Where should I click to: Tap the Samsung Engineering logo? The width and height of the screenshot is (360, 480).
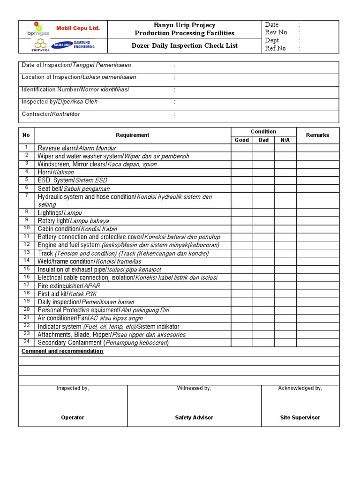(73, 45)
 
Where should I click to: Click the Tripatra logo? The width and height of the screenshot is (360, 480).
(40, 45)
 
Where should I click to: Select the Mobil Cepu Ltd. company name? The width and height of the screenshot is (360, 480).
(78, 29)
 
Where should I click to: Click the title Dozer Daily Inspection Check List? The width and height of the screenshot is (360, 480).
(184, 45)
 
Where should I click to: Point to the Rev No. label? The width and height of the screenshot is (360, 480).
(277, 32)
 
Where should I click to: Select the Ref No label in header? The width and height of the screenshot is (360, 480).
(275, 48)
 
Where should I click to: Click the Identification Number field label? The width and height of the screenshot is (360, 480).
(75, 90)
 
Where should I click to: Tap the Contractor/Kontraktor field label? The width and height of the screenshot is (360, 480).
(51, 114)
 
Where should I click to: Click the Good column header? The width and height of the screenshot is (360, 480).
(241, 140)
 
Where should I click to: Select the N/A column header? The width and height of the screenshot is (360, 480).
(285, 140)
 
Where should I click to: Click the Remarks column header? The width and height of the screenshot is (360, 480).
(317, 135)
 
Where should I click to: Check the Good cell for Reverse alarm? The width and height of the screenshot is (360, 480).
(241, 148)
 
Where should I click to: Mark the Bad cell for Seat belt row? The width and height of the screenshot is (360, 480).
(263, 188)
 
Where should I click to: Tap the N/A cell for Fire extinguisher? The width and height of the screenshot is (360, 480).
(285, 285)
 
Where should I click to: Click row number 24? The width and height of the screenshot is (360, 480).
(27, 342)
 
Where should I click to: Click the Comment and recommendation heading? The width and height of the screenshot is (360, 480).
(62, 351)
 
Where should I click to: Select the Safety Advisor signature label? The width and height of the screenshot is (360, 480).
(194, 417)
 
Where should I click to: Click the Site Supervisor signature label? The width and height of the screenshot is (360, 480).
(300, 417)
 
